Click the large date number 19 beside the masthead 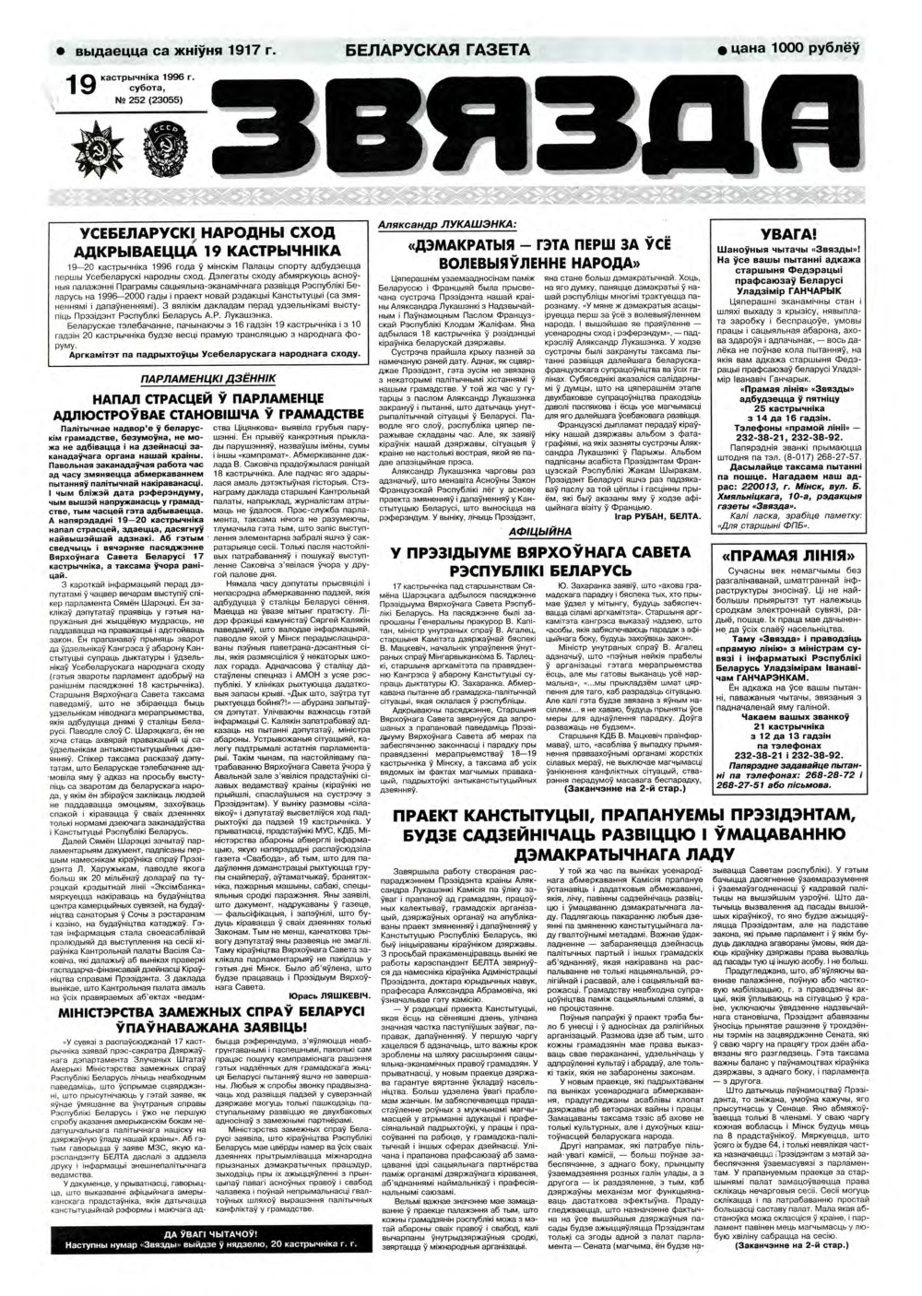82,87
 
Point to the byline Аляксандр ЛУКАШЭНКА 447,224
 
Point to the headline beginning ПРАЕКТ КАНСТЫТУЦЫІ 631,816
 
